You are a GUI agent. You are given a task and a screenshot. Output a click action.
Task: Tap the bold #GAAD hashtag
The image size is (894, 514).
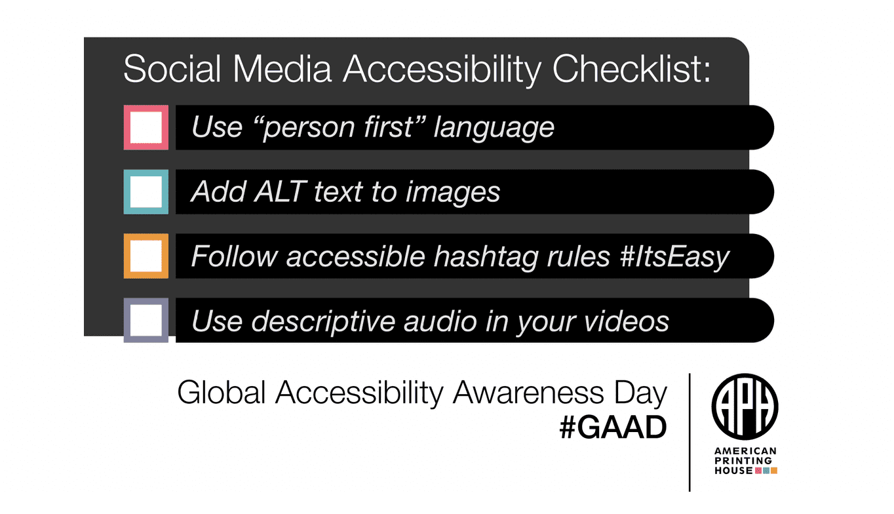point(613,427)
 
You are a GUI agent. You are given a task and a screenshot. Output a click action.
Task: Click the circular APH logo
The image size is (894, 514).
point(745,406)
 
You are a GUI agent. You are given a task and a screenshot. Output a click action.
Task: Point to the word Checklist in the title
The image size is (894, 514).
point(631,69)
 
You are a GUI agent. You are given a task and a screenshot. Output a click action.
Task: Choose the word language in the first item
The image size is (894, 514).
point(494,128)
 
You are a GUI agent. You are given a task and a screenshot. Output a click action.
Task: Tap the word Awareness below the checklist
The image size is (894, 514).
point(529,393)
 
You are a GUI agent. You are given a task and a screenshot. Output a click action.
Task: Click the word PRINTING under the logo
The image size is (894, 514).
point(743,461)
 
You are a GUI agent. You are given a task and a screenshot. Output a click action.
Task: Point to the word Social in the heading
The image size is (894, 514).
point(172,69)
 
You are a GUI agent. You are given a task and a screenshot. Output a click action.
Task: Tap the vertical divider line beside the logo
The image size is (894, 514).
point(690,432)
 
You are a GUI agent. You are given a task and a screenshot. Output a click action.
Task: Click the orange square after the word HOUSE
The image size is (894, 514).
point(774,471)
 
